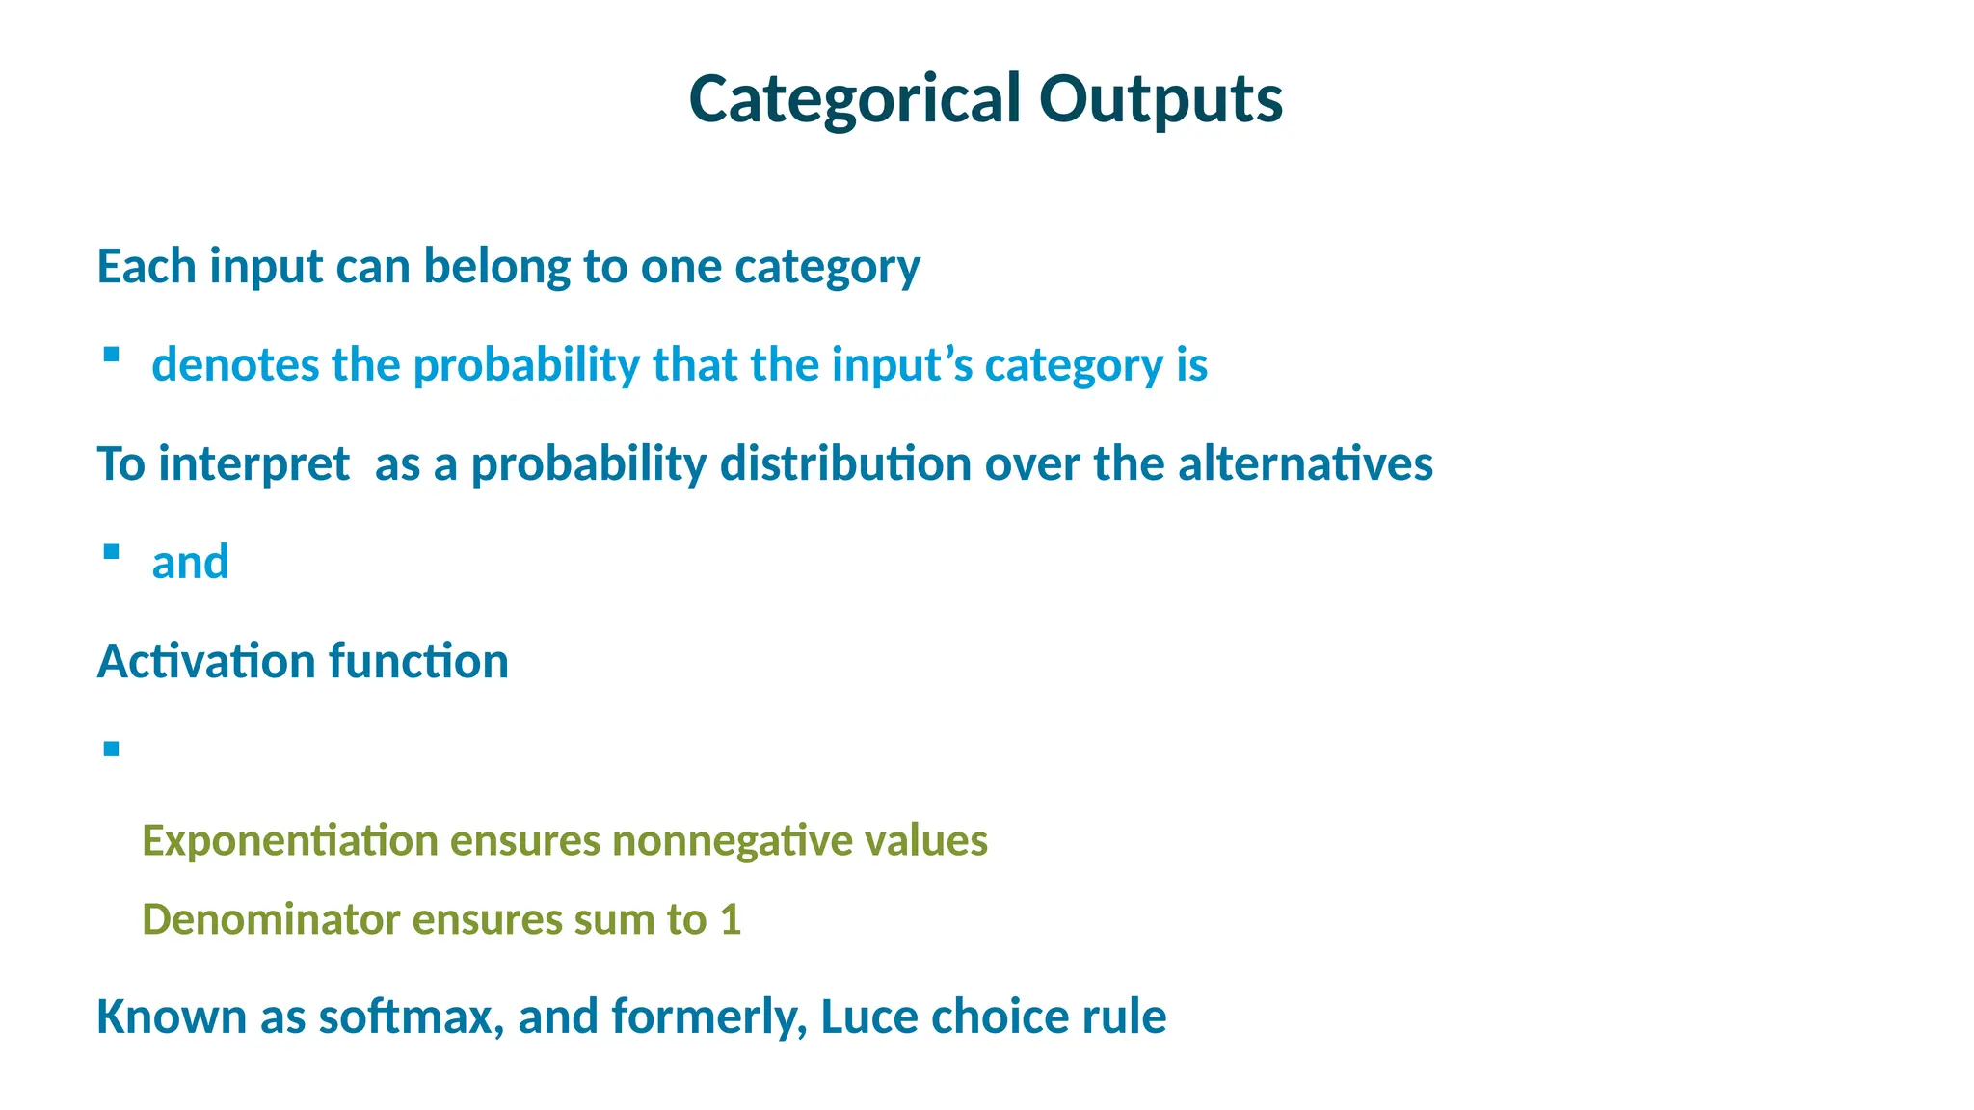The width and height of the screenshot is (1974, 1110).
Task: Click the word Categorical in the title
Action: point(854,100)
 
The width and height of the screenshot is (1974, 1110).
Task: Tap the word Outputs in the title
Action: point(1160,100)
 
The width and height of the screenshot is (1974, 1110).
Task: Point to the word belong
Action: point(497,267)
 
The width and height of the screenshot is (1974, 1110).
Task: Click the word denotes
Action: point(235,365)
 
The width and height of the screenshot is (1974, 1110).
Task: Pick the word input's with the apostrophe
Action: point(902,365)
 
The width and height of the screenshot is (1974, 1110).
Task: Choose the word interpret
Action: point(253,464)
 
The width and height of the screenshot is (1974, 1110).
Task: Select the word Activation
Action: point(206,662)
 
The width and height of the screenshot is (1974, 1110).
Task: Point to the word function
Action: point(418,662)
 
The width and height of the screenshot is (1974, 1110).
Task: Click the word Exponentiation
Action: point(290,840)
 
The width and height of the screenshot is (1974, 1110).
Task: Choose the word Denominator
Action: point(271,919)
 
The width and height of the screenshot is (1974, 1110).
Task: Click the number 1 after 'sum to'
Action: point(731,920)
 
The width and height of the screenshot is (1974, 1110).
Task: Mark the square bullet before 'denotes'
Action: point(111,355)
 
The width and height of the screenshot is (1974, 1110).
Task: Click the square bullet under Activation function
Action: point(111,749)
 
